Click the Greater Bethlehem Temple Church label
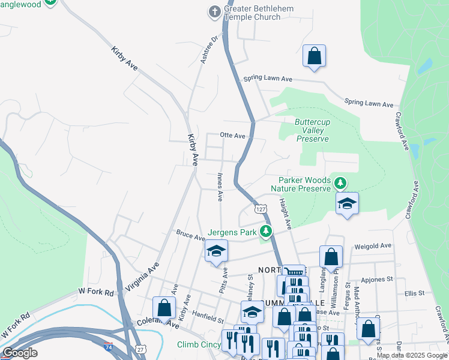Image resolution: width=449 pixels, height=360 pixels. click(x=252, y=13)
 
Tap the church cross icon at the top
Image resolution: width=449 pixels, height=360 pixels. click(x=214, y=10)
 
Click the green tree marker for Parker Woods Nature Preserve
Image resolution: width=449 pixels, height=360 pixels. click(x=340, y=182)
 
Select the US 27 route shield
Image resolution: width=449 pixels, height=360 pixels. click(x=140, y=349)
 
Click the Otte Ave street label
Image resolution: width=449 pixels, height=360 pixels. click(x=233, y=136)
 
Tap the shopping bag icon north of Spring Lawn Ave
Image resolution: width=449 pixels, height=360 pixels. click(x=314, y=56)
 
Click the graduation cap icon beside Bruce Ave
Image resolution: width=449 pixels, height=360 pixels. click(x=216, y=251)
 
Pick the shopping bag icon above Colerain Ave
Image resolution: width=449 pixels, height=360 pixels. click(x=164, y=308)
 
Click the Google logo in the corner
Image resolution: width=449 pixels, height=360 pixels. click(x=20, y=353)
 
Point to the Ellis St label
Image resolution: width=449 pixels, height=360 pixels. click(x=415, y=293)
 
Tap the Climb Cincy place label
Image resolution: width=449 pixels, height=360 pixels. click(x=198, y=345)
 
